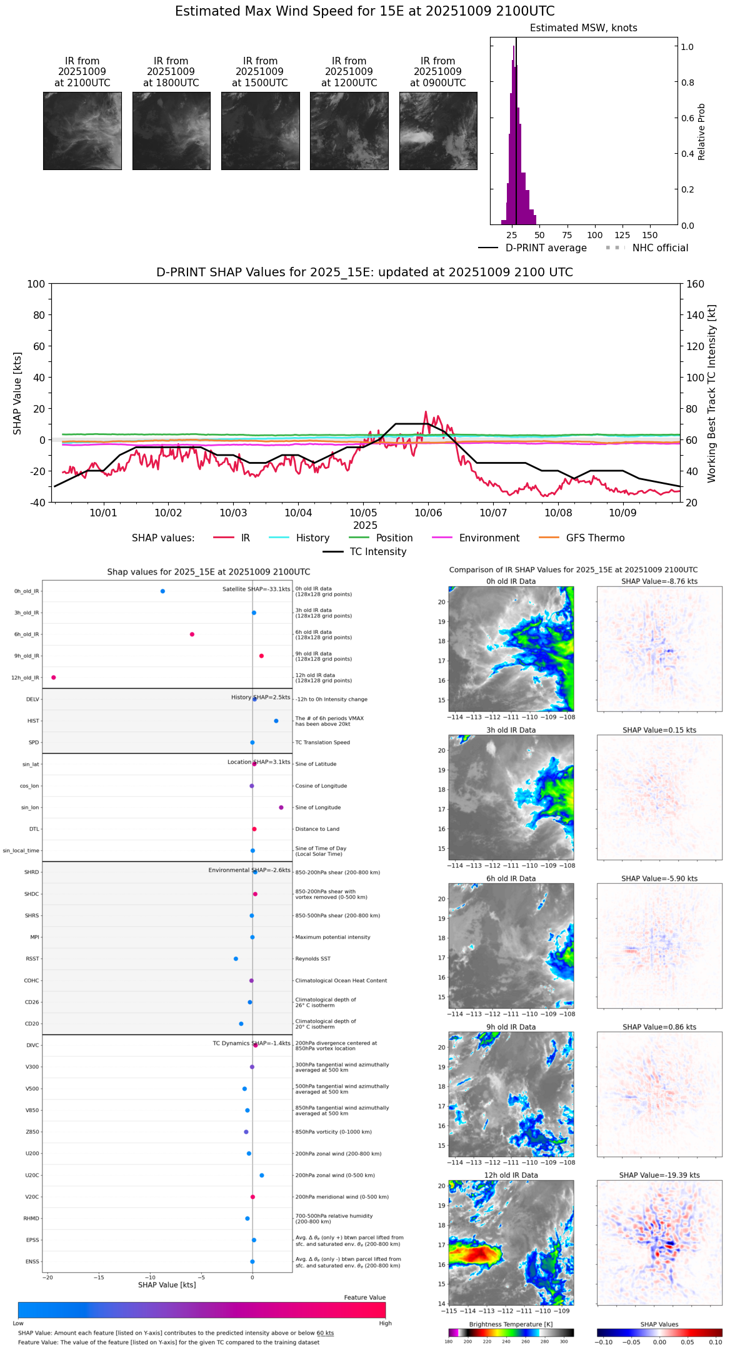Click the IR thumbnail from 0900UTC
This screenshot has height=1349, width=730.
438,131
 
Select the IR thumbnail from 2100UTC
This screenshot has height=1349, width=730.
82,131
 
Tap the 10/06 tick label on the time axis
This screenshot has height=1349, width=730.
428,513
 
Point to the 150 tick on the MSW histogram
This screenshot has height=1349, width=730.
650,235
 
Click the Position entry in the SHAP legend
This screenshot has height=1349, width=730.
394,538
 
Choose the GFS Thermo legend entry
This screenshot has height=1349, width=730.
595,538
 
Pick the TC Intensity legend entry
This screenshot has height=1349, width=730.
377,552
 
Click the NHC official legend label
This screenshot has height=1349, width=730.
660,248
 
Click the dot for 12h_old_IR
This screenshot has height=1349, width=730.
54,678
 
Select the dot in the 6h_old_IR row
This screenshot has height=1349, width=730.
192,634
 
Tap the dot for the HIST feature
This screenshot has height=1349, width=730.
276,721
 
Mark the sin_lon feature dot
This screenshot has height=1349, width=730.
281,808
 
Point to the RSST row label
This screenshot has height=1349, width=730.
32,959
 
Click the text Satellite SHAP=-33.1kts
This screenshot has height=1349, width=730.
256,589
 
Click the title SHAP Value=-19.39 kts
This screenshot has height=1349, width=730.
659,1175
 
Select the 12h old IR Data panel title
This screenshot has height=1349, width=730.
511,1175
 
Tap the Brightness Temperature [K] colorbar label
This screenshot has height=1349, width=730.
511,1325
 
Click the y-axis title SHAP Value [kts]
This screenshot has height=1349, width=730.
17,393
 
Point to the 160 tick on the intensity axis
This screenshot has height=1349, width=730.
695,284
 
